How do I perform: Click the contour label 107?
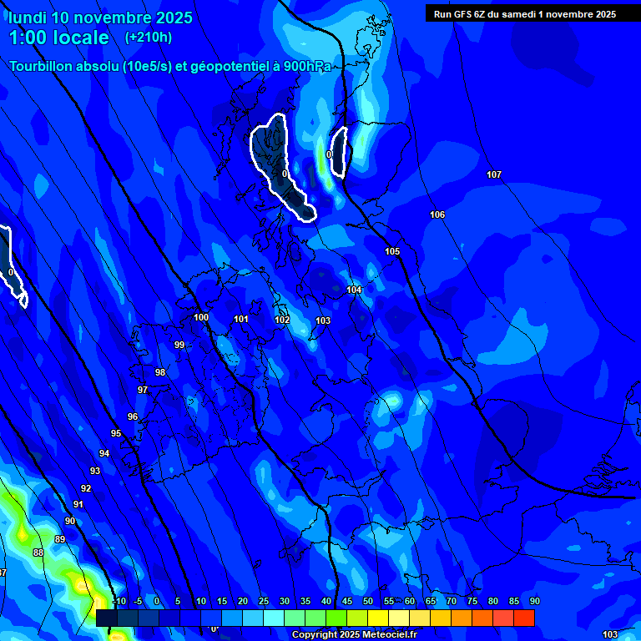(494, 174)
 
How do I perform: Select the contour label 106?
(437, 215)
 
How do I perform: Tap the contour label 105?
(392, 251)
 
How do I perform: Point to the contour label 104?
(354, 290)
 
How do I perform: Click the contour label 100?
(201, 317)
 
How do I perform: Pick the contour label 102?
(282, 320)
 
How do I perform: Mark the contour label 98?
(160, 372)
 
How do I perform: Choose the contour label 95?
(116, 433)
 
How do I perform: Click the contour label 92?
(86, 488)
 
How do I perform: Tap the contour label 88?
(38, 553)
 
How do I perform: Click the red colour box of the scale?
(523, 618)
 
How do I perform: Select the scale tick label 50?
(368, 601)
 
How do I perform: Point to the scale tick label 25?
(263, 601)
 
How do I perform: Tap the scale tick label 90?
(534, 601)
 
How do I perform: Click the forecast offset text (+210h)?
(149, 37)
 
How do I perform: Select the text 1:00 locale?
(58, 38)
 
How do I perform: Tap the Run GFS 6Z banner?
(524, 13)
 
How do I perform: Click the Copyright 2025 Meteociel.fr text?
(354, 634)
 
